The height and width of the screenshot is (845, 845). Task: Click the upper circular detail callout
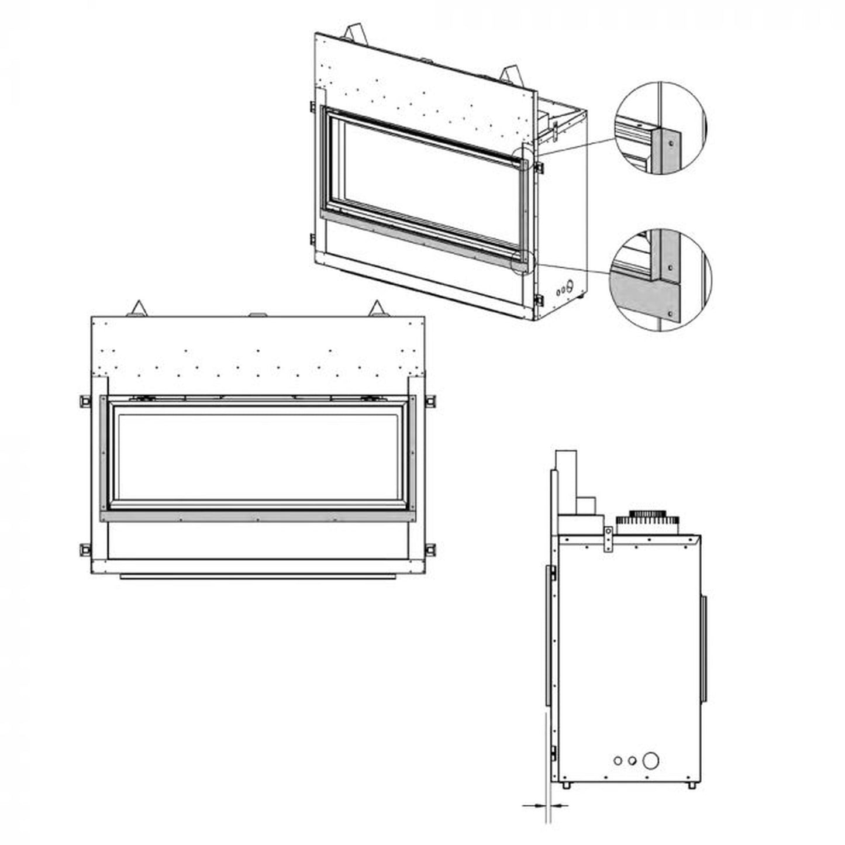pyautogui.click(x=660, y=128)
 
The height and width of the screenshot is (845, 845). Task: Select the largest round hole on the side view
pyautogui.click(x=650, y=761)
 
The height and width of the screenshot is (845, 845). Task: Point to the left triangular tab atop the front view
pyautogui.click(x=138, y=309)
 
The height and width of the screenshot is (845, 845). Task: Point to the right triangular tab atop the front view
pyautogui.click(x=377, y=308)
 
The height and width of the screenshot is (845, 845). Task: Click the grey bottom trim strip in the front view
pyautogui.click(x=257, y=516)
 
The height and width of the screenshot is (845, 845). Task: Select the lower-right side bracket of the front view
pyautogui.click(x=430, y=550)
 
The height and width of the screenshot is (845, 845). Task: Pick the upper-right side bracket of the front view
pyautogui.click(x=430, y=401)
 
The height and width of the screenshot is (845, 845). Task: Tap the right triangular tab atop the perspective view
pyautogui.click(x=511, y=74)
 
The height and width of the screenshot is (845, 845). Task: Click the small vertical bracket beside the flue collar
pyautogui.click(x=608, y=538)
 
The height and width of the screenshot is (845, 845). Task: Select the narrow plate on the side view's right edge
pyautogui.click(x=704, y=649)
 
